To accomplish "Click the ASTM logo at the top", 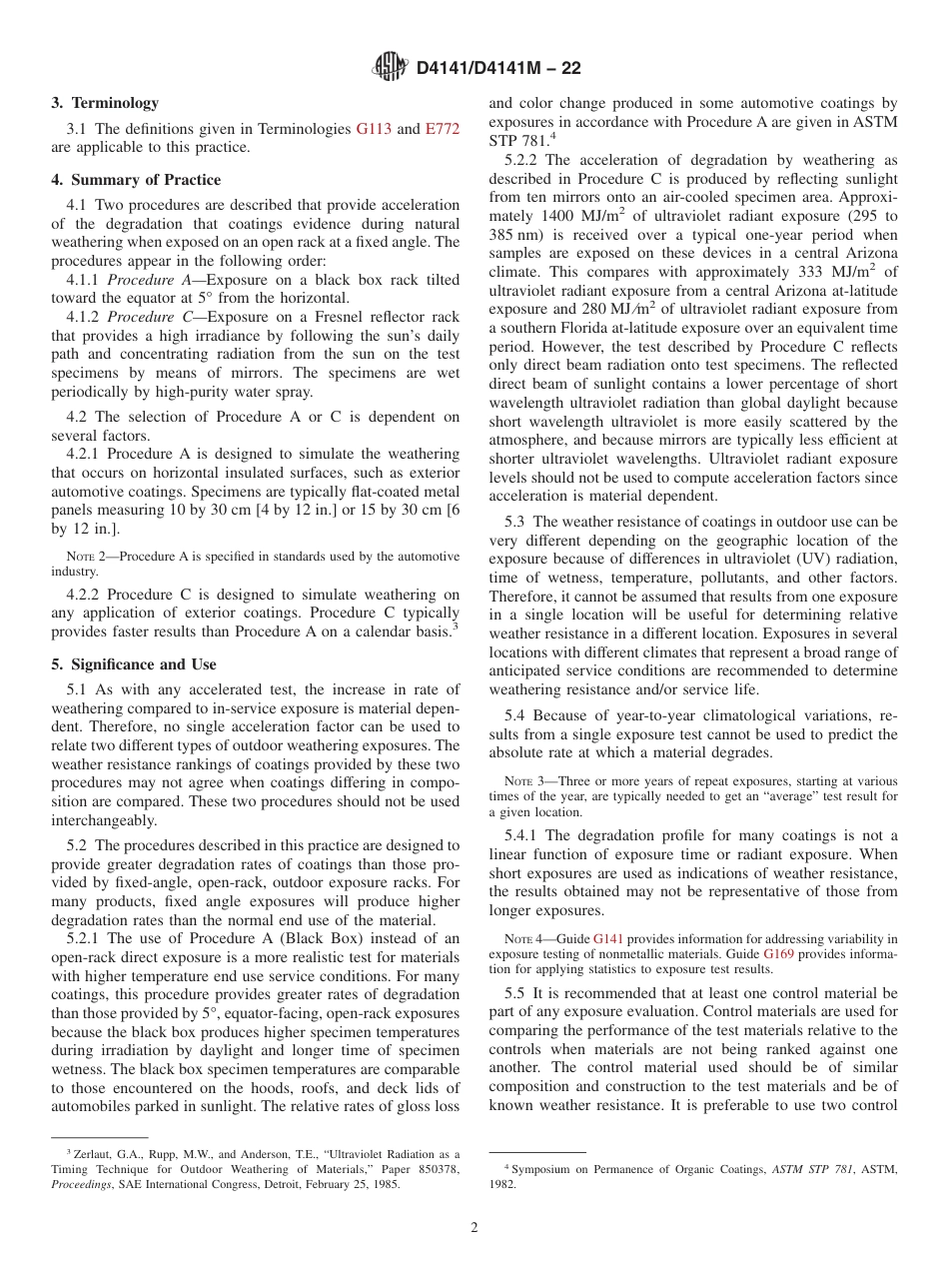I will pyautogui.click(x=390, y=67).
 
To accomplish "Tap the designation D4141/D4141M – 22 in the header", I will pyautogui.click(x=497, y=68).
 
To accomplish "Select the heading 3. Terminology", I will pyautogui.click(x=105, y=103).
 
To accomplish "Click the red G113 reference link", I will pyautogui.click(x=375, y=129).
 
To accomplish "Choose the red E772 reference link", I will pyautogui.click(x=442, y=129).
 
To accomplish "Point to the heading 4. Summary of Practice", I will pyautogui.click(x=136, y=180).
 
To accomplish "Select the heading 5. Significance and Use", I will pyautogui.click(x=134, y=664).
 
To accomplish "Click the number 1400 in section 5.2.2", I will pyautogui.click(x=559, y=216).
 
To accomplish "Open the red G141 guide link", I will pyautogui.click(x=606, y=938).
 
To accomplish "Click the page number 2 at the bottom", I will pyautogui.click(x=474, y=1228).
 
